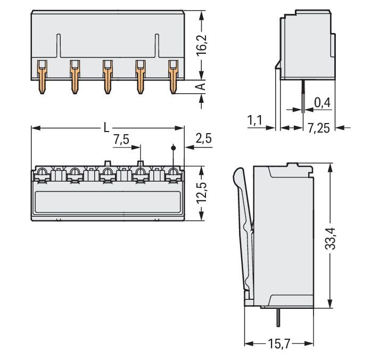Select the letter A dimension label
(201, 87)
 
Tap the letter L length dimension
(106, 128)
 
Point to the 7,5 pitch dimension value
(121, 140)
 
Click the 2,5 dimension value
(203, 139)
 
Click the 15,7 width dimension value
(278, 344)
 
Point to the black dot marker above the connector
(173, 148)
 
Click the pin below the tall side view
(279, 318)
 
